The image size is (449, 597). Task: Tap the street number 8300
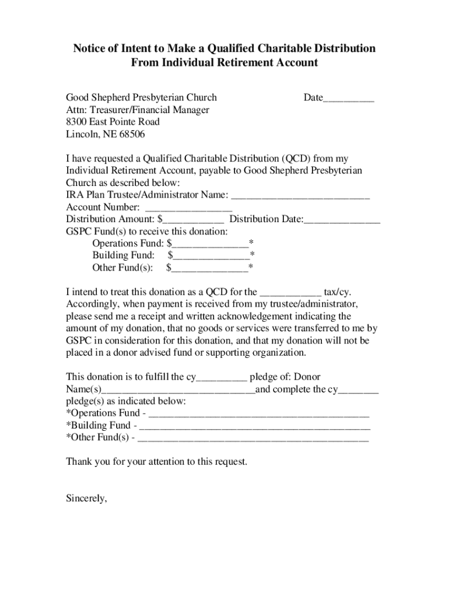[x=76, y=122]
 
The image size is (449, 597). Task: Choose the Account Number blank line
[x=188, y=208]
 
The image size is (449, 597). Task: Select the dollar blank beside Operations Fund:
[x=210, y=244]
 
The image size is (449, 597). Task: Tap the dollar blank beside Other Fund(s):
[x=209, y=268]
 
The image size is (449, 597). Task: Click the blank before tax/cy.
[x=290, y=293]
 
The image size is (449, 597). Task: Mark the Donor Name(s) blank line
[x=178, y=390]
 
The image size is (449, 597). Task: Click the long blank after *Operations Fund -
[x=259, y=415]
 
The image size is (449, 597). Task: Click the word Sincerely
[x=86, y=498]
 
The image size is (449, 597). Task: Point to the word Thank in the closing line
[x=79, y=462]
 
